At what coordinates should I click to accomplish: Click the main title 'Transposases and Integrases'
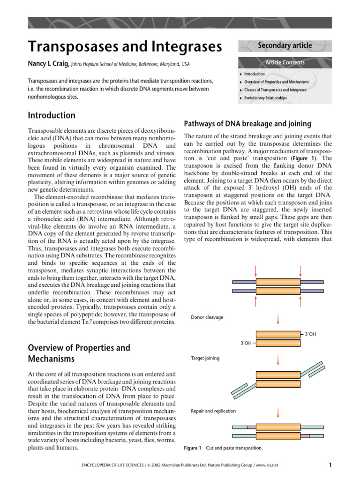(124, 47)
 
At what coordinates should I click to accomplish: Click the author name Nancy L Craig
(44, 63)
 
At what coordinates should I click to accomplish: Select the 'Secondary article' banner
(285, 45)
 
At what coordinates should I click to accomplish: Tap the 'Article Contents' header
(285, 62)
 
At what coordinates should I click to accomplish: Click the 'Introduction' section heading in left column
(52, 115)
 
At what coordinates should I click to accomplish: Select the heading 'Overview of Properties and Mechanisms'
(79, 353)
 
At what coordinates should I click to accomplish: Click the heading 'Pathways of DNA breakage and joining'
(247, 124)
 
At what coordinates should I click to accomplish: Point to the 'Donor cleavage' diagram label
(207, 317)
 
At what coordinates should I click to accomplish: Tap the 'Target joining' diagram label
(205, 358)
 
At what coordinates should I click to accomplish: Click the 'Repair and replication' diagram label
(213, 411)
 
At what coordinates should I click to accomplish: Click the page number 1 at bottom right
(330, 465)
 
